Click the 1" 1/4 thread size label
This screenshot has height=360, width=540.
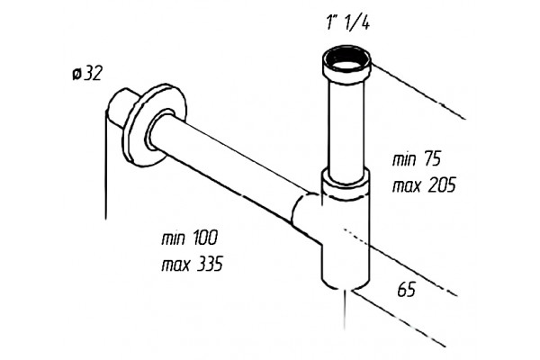point(347,23)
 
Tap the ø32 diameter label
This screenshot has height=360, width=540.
point(87,74)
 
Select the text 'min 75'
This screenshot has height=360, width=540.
point(417,159)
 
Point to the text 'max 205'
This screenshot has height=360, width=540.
point(424,185)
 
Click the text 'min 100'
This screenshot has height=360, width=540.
point(190,238)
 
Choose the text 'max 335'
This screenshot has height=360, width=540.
point(193,264)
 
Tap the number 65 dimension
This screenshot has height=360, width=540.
point(407,290)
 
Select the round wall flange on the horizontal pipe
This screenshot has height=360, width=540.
point(155,125)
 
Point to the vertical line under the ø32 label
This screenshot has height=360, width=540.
point(105,165)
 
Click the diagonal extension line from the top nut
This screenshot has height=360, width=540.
point(418,91)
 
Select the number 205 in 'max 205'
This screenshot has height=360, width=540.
point(442,185)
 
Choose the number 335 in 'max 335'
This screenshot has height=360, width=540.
point(210,264)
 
